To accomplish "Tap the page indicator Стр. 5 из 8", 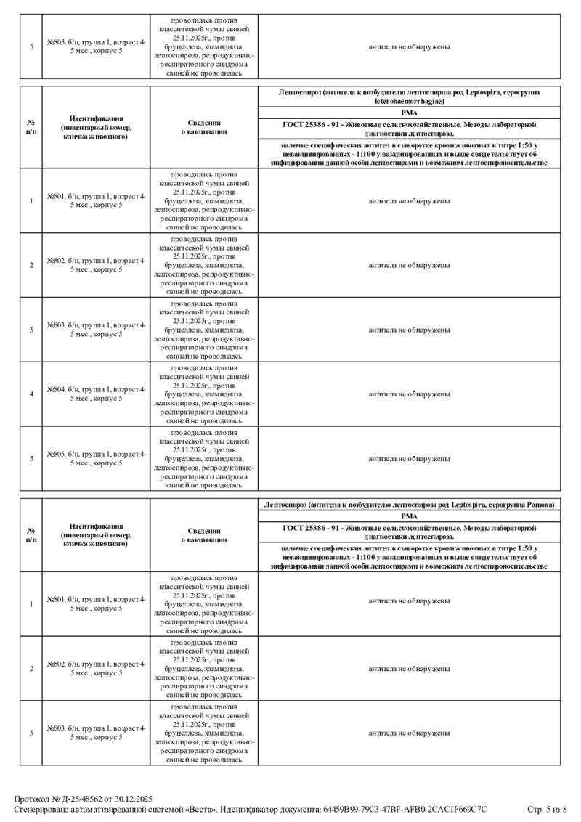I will (546, 809).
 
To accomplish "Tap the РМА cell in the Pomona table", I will (409, 516).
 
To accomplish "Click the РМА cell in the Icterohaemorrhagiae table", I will (409, 113).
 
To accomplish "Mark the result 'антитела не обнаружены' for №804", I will (409, 394).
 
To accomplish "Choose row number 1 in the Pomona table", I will (31, 604).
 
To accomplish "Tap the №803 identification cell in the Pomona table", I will (96, 733).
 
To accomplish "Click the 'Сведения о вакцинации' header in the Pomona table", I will (204, 535).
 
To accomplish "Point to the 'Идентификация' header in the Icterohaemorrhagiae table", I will (96, 127).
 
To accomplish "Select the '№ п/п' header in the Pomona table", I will (31, 535).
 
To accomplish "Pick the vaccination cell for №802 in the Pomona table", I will (204, 668).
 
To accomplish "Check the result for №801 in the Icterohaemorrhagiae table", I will (409, 201).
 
